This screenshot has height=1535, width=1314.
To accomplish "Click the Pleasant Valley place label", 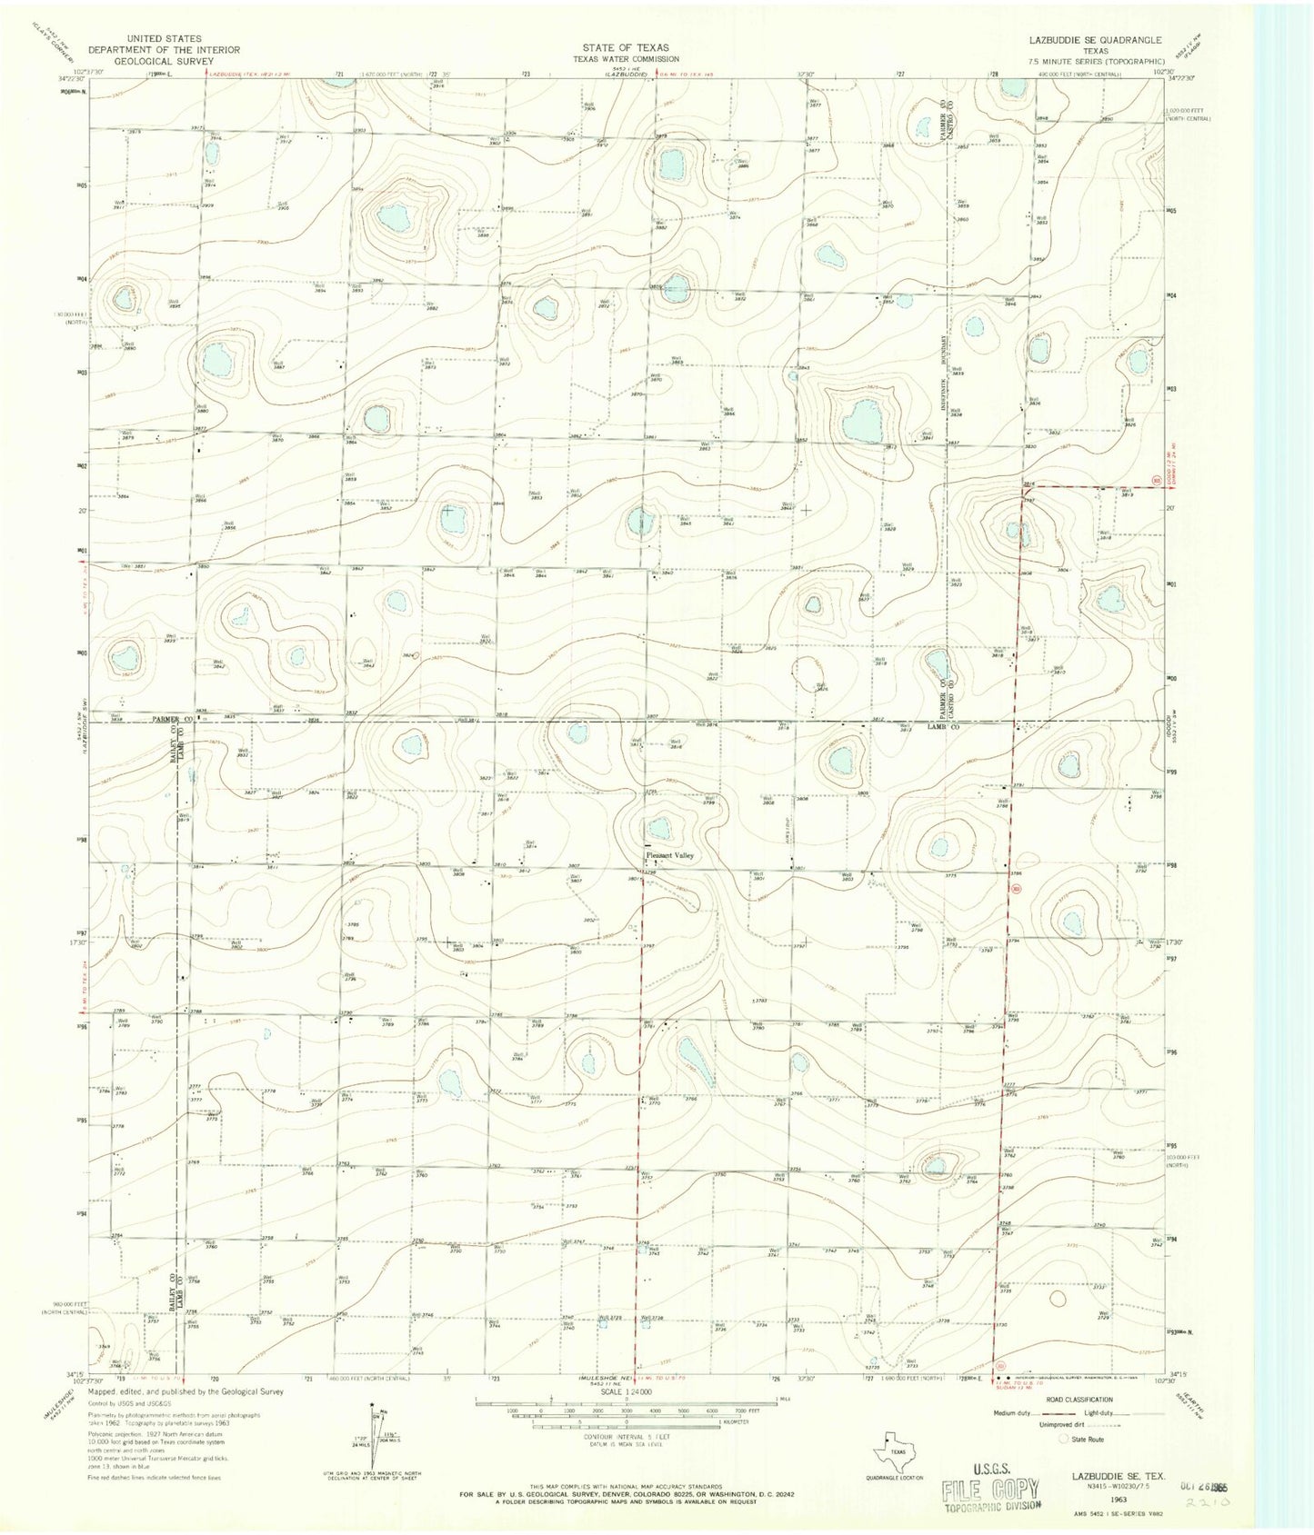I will click(x=669, y=855).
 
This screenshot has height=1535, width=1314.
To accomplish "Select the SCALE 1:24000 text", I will click(x=625, y=1390).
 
